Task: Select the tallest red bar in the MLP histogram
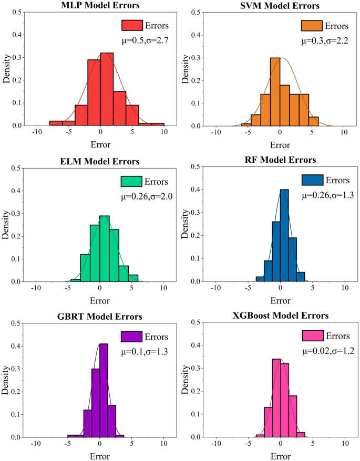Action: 107,89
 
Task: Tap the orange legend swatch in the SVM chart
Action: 311,26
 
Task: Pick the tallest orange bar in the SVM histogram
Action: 275,92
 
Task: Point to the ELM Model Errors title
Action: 100,161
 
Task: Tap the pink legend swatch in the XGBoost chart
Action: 312,336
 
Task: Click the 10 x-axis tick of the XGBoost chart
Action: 344,443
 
